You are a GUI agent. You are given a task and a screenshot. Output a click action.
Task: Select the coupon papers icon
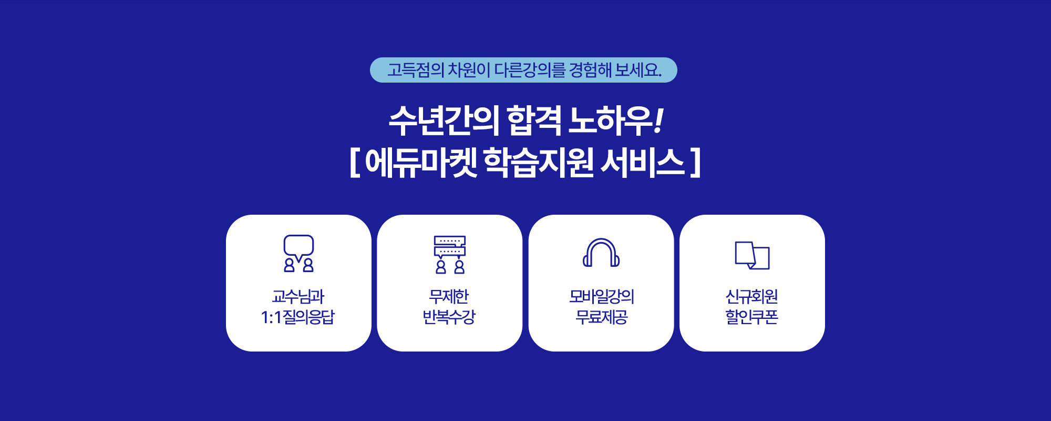click(752, 255)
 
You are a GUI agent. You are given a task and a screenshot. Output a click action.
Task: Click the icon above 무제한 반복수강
click(450, 255)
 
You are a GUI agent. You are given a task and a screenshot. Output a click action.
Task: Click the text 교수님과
click(298, 297)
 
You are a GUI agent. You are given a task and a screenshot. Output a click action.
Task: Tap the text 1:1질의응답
click(298, 317)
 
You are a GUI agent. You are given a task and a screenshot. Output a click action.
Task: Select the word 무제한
click(449, 297)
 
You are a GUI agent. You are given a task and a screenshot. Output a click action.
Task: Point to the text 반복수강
click(449, 317)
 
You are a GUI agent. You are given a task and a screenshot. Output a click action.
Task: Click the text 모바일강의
click(602, 297)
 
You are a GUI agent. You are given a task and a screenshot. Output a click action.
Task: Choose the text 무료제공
click(602, 317)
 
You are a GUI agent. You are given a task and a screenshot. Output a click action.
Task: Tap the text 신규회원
click(752, 297)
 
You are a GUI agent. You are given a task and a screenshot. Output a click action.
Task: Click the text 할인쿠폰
click(752, 317)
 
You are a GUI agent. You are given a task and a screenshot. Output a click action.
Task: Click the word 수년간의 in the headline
click(444, 121)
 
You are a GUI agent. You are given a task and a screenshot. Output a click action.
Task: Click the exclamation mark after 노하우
click(658, 121)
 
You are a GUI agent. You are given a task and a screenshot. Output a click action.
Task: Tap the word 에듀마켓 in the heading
click(421, 163)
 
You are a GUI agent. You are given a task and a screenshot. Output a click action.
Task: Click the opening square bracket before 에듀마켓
click(355, 163)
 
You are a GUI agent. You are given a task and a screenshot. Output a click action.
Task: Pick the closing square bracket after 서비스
click(696, 163)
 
